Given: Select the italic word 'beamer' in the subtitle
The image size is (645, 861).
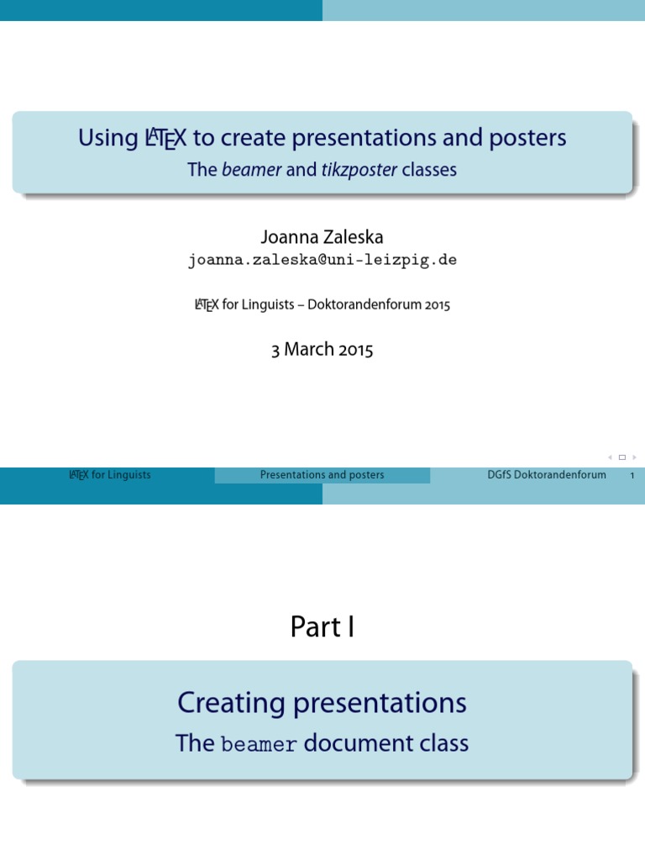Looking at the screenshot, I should click(252, 170).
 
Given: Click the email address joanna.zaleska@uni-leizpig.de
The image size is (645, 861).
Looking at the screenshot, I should click(322, 261).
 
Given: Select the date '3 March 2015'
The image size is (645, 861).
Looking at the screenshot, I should click(322, 350).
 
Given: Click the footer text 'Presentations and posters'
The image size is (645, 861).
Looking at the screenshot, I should click(322, 475).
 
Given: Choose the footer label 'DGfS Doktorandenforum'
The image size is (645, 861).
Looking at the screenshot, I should click(547, 475).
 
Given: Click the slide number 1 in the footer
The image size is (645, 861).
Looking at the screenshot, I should click(632, 476).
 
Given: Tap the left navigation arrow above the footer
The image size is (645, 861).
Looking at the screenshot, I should click(610, 457).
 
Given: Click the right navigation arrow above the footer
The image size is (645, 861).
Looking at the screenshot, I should click(634, 457).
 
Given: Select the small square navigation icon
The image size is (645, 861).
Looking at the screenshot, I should click(622, 457).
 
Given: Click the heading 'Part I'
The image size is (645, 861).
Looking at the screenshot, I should click(322, 626).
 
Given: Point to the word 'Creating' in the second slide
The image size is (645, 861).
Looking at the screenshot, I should click(224, 703).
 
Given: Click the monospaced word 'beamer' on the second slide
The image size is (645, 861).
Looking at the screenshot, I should click(259, 745).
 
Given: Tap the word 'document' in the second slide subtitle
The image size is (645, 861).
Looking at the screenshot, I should click(348, 743).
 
